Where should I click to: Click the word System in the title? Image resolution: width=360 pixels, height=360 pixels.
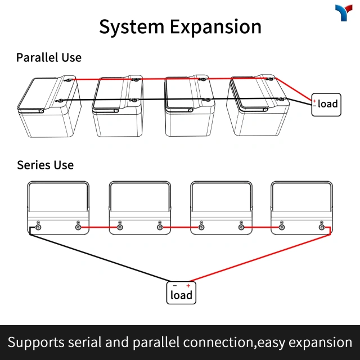tap(132, 26)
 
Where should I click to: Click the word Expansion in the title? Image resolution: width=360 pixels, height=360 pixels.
tap(215, 26)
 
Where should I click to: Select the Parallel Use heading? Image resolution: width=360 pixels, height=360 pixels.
tap(48, 57)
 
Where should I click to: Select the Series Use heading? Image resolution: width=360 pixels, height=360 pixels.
tap(45, 165)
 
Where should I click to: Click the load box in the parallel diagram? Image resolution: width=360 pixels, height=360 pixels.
tap(326, 104)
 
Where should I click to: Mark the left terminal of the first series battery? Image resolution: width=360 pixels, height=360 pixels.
tap(38, 227)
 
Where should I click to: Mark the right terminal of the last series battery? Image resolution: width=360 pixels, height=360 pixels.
tap(322, 227)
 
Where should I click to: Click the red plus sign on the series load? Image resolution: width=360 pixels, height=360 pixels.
tap(188, 286)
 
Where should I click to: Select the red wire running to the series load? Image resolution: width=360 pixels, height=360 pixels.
tap(259, 255)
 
